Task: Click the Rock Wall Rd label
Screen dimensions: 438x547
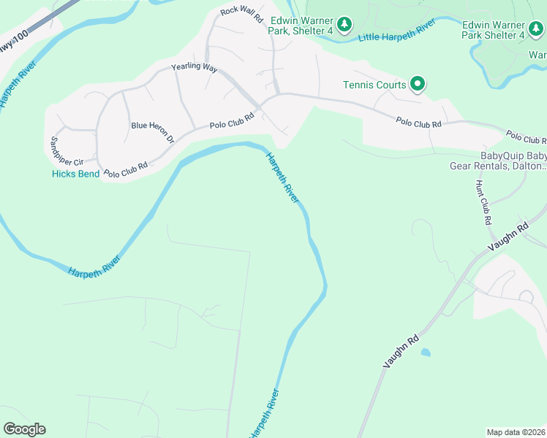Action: pyautogui.click(x=241, y=14)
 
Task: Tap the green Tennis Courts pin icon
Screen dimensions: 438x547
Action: pyautogui.click(x=418, y=85)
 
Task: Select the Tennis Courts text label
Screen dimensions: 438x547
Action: pyautogui.click(x=374, y=85)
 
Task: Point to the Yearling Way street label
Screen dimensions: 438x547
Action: pyautogui.click(x=195, y=68)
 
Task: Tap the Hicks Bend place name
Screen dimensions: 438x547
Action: pyautogui.click(x=75, y=174)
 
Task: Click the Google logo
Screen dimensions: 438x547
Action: pyautogui.click(x=24, y=429)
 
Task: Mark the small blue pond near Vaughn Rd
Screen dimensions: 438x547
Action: pyautogui.click(x=426, y=353)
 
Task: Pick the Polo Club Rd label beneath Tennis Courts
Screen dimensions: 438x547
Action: pyautogui.click(x=418, y=123)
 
